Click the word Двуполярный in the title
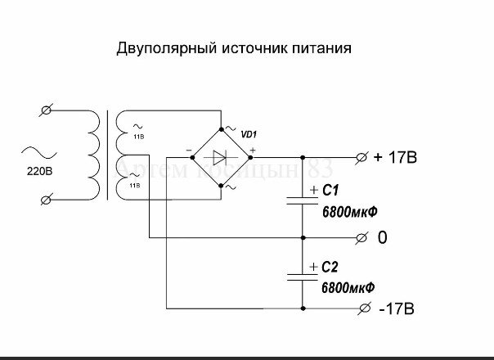click(165, 49)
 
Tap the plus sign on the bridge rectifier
click(253, 150)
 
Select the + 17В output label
click(395, 158)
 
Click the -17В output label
click(397, 309)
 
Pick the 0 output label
click(382, 238)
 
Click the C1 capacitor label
click(330, 191)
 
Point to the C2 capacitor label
click(330, 267)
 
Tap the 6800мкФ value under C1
click(349, 211)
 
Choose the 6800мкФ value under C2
click(349, 287)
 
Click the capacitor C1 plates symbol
click(303, 201)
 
